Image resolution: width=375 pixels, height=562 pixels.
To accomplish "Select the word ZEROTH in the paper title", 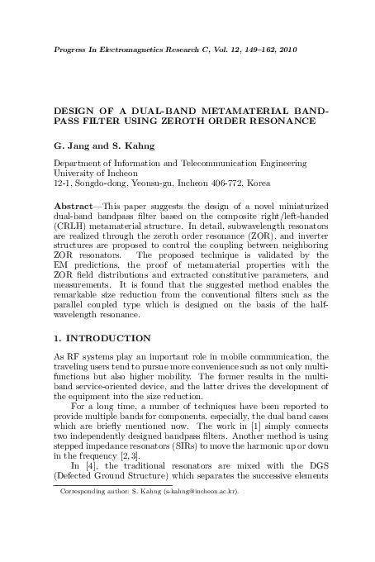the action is coord(176,121).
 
